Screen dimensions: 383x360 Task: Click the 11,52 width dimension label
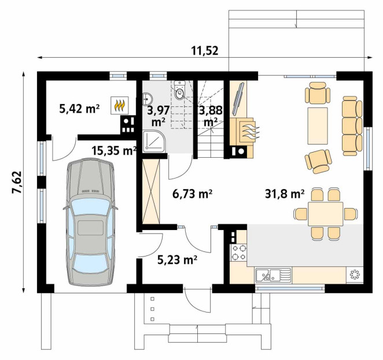click(x=204, y=51)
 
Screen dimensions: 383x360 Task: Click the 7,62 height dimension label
click(x=17, y=183)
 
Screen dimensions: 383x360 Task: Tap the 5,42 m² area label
click(x=79, y=109)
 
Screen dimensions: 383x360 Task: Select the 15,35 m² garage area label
click(x=114, y=151)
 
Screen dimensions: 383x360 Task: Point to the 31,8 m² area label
click(x=285, y=194)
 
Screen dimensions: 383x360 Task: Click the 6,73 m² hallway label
click(x=192, y=194)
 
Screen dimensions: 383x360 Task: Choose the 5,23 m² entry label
click(x=178, y=260)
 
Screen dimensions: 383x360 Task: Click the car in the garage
click(x=90, y=222)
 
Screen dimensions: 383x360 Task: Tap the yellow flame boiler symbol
click(x=119, y=105)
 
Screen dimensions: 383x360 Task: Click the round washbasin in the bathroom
click(x=148, y=99)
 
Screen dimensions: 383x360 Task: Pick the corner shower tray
click(x=154, y=142)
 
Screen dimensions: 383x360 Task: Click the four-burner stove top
click(x=238, y=253)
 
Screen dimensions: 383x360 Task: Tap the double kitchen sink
click(x=273, y=275)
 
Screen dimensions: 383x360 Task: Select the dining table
click(x=325, y=214)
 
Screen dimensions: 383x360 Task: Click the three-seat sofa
click(x=352, y=126)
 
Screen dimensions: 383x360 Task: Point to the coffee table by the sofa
click(x=318, y=126)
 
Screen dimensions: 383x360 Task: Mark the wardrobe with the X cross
click(x=151, y=191)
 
